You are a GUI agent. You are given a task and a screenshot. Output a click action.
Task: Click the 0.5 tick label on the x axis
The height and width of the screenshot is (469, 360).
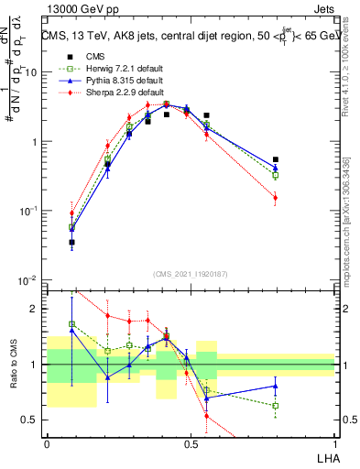191,443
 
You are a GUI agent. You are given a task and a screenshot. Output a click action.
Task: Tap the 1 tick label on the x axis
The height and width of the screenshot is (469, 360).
334,443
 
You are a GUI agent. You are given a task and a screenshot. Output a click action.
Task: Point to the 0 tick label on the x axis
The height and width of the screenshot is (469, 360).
47,443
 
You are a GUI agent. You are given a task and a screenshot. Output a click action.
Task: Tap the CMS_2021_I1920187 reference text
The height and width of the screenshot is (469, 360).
191,274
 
